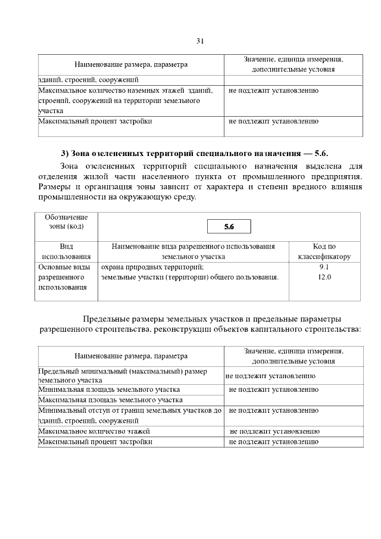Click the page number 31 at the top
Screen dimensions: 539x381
point(200,41)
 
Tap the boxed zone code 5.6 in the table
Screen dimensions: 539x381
point(229,227)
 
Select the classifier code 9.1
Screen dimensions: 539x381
point(324,267)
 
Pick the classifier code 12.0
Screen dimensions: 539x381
point(324,277)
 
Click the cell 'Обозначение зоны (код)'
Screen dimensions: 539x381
point(67,222)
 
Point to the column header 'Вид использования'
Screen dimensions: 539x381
point(67,251)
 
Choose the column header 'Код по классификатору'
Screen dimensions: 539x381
point(324,251)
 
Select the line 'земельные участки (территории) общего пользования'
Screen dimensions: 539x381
point(190,277)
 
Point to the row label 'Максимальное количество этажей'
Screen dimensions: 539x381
point(94,431)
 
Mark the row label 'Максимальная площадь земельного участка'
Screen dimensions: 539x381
point(110,400)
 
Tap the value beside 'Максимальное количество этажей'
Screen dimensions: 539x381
point(274,431)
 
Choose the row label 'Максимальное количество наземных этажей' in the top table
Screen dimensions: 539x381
point(125,91)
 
